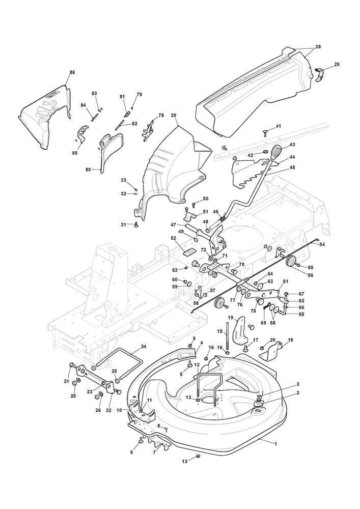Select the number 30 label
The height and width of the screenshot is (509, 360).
click(174, 116)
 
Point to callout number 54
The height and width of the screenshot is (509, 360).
click(322, 245)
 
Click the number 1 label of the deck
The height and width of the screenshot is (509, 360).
click(275, 444)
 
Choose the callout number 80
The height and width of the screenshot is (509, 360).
click(88, 169)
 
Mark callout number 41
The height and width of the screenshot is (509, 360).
click(278, 126)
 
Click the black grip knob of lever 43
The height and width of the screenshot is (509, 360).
click(278, 152)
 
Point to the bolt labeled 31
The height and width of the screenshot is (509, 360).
click(136, 225)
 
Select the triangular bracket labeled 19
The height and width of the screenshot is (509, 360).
click(238, 333)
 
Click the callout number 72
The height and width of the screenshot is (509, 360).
click(203, 251)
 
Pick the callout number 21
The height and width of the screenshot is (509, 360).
click(66, 382)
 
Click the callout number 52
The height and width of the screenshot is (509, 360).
click(173, 238)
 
